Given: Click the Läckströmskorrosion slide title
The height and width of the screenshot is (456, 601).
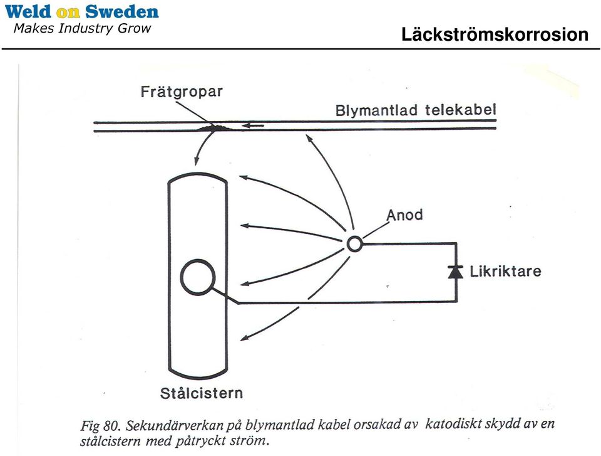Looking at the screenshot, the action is click(495, 34).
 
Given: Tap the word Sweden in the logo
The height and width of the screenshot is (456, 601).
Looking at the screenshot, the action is click(122, 11).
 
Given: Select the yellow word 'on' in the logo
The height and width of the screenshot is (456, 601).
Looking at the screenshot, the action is click(68, 13).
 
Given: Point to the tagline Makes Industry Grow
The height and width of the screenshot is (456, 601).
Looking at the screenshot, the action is click(82, 28).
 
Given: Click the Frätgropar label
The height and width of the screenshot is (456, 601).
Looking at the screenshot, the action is click(182, 92).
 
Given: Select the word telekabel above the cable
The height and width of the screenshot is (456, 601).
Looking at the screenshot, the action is click(461, 110).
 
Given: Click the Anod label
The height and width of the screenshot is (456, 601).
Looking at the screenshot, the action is click(404, 215).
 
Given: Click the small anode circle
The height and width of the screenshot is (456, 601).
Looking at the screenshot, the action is click(354, 243).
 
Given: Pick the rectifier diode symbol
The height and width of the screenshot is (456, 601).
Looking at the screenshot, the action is click(456, 272).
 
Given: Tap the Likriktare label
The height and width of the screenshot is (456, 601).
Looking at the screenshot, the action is click(506, 271).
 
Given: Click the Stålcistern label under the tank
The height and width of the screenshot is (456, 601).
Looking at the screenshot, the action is click(201, 393).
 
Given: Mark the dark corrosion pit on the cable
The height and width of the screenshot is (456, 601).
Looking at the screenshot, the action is click(215, 127).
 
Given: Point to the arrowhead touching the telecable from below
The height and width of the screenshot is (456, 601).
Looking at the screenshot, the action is click(308, 137).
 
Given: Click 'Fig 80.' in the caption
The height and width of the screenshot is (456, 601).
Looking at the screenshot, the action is click(101, 426).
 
